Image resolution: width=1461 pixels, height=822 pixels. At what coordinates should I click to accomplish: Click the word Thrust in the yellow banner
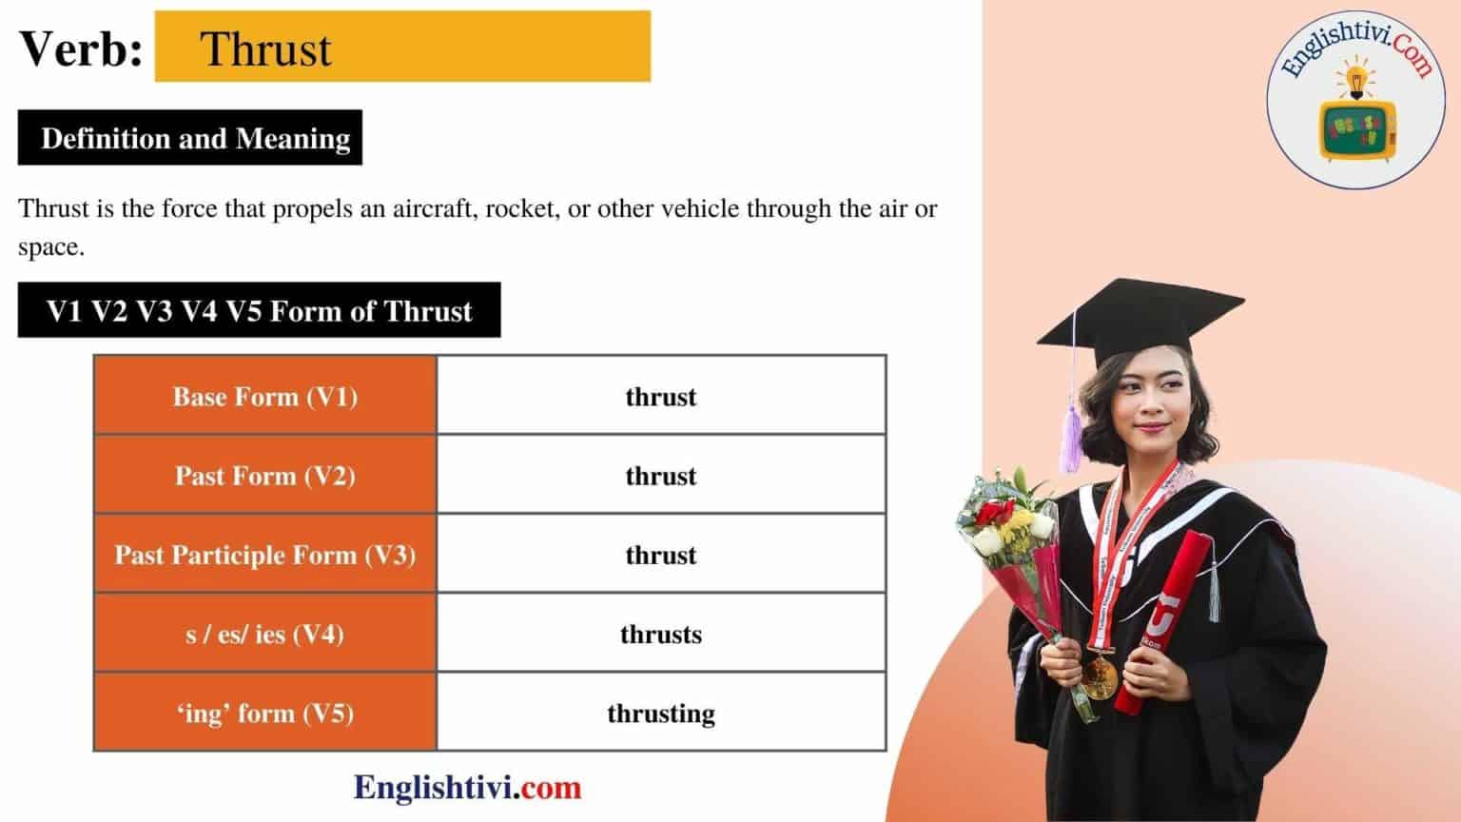click(266, 49)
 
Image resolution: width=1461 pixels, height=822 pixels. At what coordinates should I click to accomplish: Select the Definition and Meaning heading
click(195, 139)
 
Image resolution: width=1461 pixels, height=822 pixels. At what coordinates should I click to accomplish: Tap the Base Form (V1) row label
click(265, 397)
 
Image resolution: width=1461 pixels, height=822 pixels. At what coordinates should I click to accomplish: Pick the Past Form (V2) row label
click(265, 476)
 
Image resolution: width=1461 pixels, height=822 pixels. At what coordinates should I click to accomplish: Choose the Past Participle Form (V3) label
click(265, 555)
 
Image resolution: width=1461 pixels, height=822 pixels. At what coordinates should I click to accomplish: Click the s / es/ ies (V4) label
click(265, 634)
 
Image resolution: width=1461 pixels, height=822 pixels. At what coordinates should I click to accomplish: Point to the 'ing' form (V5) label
click(265, 713)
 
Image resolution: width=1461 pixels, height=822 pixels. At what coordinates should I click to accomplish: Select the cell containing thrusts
click(661, 634)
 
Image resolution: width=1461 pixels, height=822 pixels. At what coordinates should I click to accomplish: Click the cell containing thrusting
click(661, 713)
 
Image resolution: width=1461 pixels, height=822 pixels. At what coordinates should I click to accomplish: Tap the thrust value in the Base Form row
click(661, 397)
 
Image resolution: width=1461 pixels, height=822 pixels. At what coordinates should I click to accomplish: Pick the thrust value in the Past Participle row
click(661, 555)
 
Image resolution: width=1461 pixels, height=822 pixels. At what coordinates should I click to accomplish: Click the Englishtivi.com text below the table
click(467, 788)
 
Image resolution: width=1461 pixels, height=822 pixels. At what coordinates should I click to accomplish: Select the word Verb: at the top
click(81, 49)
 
